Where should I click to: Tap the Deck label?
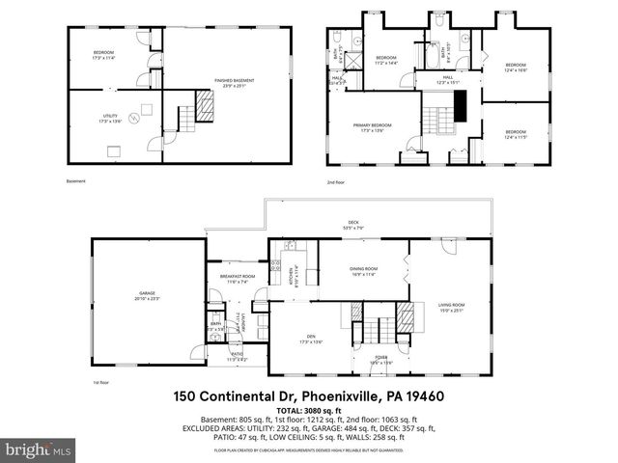coord(353,225)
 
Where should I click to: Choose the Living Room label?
coord(452,308)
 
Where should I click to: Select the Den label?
coord(311,339)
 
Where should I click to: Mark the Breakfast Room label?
coord(237,279)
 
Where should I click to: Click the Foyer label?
coord(383,359)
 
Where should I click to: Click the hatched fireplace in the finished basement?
coord(206,103)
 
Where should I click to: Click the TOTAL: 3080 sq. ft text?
coord(309,411)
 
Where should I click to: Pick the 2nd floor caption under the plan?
coord(335,182)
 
